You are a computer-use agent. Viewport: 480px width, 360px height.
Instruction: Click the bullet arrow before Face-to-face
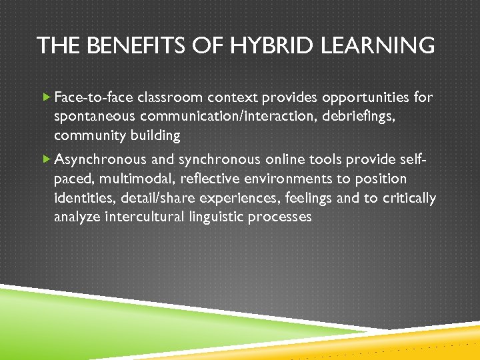[46, 98]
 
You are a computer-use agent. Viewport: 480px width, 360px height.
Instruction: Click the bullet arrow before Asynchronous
[46, 159]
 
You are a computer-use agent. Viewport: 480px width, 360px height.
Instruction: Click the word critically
[411, 198]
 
